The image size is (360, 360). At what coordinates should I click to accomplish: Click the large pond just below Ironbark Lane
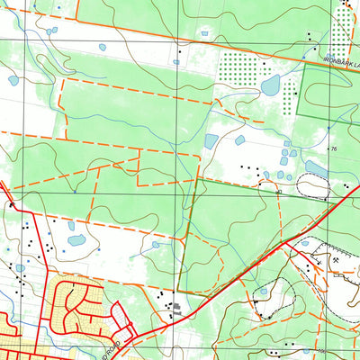(x=270, y=85)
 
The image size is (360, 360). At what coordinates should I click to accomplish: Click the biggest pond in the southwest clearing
(x=76, y=240)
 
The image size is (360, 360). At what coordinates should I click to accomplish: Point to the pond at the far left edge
(x=13, y=80)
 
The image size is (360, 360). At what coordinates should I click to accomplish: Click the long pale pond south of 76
(x=319, y=168)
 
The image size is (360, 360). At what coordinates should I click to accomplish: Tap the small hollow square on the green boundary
(x=279, y=192)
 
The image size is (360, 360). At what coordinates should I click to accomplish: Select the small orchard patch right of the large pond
(x=292, y=87)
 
